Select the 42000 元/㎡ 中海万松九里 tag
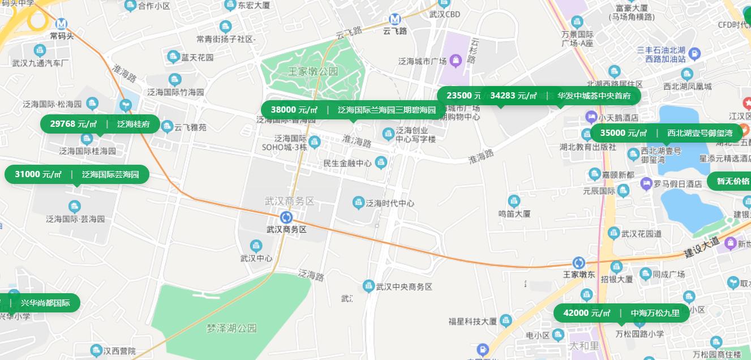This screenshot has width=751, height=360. click(x=621, y=313)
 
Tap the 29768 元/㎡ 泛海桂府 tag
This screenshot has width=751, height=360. click(x=100, y=124)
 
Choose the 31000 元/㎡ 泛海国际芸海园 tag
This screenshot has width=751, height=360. click(x=76, y=174)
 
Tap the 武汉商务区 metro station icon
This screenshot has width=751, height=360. click(x=286, y=217)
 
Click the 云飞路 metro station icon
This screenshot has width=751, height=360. click(x=395, y=19)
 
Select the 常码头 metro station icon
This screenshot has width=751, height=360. click(x=61, y=24)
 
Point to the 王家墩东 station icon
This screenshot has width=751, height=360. click(x=578, y=263)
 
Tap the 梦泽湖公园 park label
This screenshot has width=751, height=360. click(x=231, y=328)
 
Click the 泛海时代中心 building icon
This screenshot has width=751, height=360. click(x=358, y=203)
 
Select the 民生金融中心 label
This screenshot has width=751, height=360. click(x=347, y=163)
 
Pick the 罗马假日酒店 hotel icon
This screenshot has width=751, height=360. click(x=646, y=183)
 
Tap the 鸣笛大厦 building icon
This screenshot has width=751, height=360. click(x=514, y=201)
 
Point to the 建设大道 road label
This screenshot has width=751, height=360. click(x=701, y=246)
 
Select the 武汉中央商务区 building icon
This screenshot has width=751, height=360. click(x=369, y=286)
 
